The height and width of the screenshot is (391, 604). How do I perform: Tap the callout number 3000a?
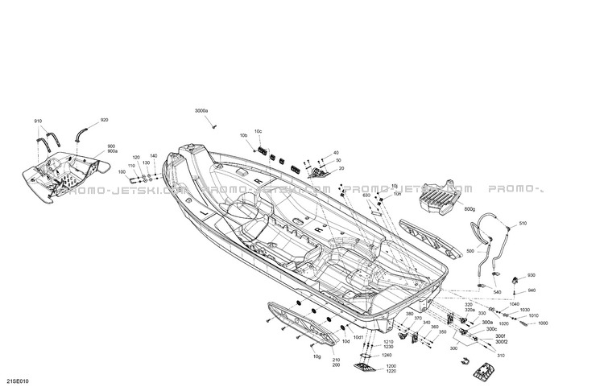201,110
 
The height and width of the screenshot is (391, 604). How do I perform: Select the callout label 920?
104,121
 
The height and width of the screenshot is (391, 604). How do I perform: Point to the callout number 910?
38,121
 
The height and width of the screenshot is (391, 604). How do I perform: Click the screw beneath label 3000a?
213,126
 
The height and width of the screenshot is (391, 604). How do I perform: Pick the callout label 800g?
470,211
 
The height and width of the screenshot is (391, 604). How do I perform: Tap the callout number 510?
522,223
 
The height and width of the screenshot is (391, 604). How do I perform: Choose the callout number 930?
531,276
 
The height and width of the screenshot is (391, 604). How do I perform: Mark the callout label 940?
531,290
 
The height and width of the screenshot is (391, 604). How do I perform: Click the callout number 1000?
543,323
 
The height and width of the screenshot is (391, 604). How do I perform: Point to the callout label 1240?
387,355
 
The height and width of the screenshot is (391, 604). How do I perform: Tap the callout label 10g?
316,356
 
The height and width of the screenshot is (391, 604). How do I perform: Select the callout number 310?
501,356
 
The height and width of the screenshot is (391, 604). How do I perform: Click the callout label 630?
366,195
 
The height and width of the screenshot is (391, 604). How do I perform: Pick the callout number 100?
122,171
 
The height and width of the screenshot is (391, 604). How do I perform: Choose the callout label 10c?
259,131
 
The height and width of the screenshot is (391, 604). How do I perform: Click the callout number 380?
409,313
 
